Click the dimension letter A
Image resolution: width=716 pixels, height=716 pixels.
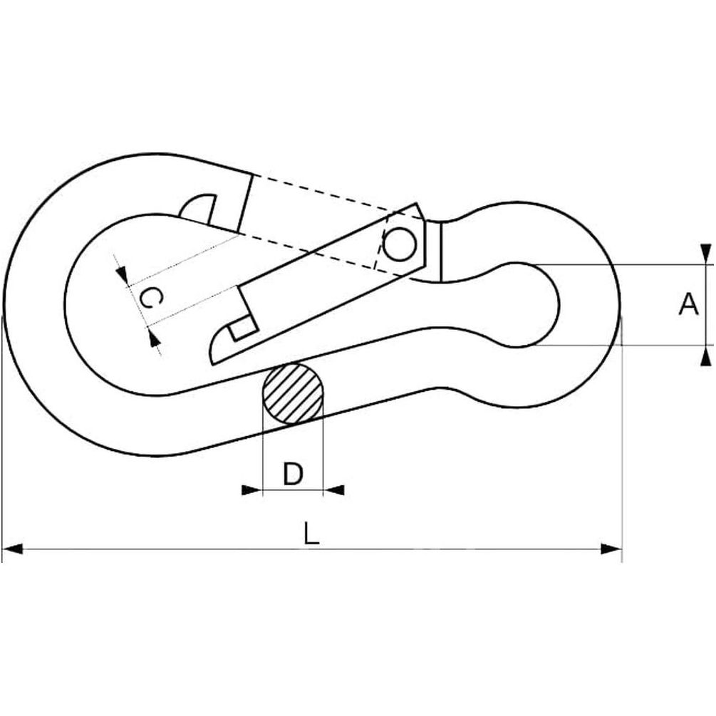click(689, 305)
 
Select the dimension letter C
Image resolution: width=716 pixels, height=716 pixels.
click(151, 299)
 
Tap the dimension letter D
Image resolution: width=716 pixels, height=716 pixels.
click(293, 474)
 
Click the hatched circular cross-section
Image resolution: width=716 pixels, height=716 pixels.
click(293, 393)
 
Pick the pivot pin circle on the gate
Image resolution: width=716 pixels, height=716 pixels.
click(400, 244)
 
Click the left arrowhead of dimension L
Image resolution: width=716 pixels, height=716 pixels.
click(13, 549)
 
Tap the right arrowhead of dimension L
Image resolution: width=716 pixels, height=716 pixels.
click(611, 549)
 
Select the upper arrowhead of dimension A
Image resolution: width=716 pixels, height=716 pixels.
click(705, 254)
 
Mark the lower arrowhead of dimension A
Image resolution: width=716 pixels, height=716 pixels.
click(705, 356)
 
